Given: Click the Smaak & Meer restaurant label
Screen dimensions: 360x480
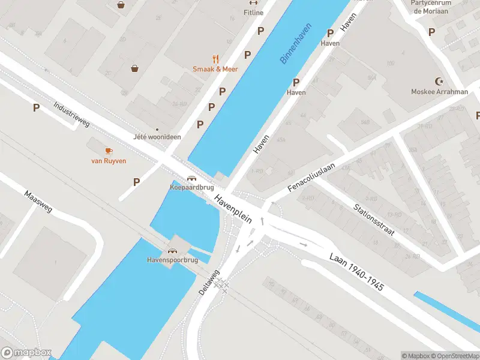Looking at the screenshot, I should (215, 69).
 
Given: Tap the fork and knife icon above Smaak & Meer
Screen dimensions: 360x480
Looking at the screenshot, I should (215, 58).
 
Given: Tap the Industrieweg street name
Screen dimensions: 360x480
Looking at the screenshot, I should (71, 114).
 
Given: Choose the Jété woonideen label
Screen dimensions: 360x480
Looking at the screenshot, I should (158, 137).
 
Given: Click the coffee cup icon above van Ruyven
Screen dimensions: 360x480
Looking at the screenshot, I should (109, 151).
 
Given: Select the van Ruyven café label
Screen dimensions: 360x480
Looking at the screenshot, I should (109, 161).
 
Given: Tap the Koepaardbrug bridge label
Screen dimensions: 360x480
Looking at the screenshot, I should (191, 187).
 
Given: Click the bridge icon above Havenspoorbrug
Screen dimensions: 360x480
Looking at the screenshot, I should (172, 251).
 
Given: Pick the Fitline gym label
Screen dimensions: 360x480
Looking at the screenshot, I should (253, 12).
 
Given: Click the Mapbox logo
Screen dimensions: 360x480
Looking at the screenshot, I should (26, 353).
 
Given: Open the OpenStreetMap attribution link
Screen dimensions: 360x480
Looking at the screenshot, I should (455, 356).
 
